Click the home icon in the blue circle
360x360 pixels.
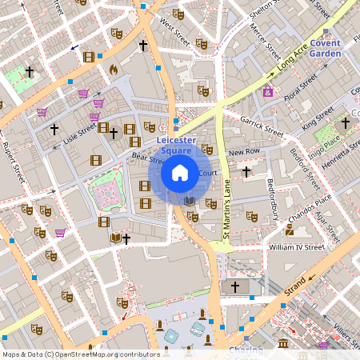pos(180,172)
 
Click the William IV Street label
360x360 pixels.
pos(296,248)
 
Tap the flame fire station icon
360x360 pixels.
pos(113,70)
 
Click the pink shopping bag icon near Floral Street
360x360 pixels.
pos(267,93)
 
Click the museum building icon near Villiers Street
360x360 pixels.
pos(285,344)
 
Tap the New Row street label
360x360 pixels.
pos(245,152)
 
